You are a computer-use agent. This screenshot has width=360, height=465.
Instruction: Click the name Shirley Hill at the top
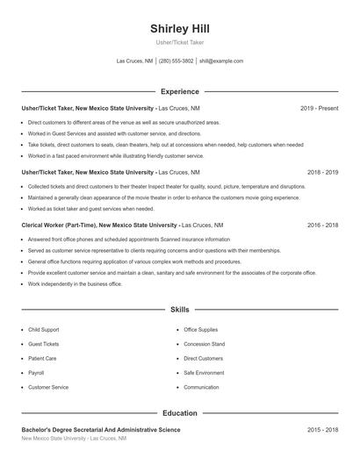point(180,28)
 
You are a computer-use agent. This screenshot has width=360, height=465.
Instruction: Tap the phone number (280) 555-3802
point(176,61)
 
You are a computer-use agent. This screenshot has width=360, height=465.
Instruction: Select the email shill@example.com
point(221,61)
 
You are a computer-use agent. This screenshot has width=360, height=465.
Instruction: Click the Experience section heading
point(180,91)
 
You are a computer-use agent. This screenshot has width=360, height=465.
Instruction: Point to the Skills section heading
point(180,310)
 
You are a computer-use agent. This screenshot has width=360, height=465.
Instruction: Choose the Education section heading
point(180,412)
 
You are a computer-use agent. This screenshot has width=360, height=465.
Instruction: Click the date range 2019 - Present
point(319,108)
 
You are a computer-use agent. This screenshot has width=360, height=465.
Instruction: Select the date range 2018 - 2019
point(322,173)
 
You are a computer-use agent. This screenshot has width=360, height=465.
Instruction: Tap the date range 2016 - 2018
point(322,225)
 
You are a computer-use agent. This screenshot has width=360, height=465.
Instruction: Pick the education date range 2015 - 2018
point(322,430)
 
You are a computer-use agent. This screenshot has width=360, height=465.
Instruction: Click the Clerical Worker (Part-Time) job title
point(59,225)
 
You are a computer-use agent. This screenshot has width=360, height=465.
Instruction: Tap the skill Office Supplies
point(200,330)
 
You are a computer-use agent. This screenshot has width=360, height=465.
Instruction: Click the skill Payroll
point(36,373)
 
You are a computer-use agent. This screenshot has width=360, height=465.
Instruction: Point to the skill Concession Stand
point(204,344)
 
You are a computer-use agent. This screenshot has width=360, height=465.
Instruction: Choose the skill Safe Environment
point(204,373)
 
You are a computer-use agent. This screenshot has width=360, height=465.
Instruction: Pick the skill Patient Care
point(42,359)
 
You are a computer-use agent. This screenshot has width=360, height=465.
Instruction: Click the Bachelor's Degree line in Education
point(101,430)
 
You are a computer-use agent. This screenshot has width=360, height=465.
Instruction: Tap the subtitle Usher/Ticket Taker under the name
point(180,42)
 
